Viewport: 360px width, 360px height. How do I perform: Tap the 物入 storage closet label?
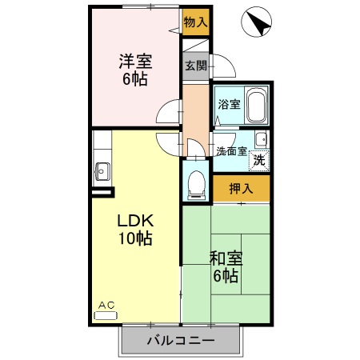pos(195,22)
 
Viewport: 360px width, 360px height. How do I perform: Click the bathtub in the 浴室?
pos(256,106)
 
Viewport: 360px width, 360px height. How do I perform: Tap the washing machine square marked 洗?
pos(259,159)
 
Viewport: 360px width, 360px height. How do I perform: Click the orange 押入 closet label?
pos(241,190)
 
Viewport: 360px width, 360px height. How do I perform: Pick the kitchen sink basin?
pos(102,170)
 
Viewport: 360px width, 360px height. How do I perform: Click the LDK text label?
pos(135,221)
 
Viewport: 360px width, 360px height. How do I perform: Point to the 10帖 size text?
pos(135,238)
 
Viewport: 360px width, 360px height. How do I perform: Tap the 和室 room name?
pos(226,258)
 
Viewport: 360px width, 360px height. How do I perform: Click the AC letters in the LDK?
pos(106,305)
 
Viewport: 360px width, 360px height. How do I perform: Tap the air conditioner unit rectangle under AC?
pos(106,315)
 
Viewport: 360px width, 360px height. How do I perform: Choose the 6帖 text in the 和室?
pos(226,276)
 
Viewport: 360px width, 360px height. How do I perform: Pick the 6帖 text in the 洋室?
pos(136,80)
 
